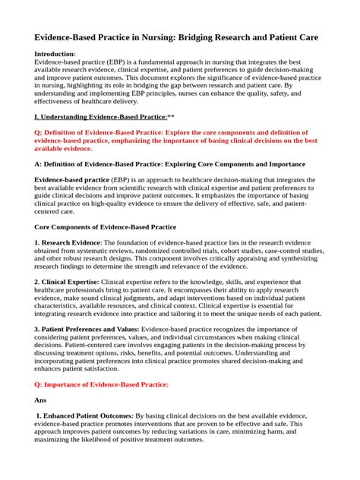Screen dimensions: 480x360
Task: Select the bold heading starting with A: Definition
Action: (x=171, y=164)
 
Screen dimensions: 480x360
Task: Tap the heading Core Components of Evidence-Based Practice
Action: (x=106, y=227)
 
